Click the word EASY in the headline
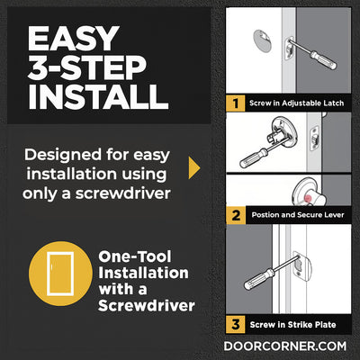click(x=73, y=38)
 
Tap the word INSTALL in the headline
click(x=98, y=96)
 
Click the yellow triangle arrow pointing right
click(x=194, y=168)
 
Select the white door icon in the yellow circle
click(x=60, y=274)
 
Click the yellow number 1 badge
click(x=236, y=103)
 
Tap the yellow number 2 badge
click(x=236, y=215)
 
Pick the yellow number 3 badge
click(x=236, y=324)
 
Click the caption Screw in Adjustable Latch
click(x=296, y=103)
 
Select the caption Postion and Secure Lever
click(x=298, y=215)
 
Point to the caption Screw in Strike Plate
click(x=292, y=325)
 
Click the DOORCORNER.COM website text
click(x=285, y=346)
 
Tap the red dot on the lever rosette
click(x=309, y=198)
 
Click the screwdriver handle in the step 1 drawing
click(x=323, y=59)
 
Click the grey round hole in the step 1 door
click(x=264, y=40)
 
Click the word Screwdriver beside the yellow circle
click(x=147, y=306)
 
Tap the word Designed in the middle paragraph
click(x=63, y=155)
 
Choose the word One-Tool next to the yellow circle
click(x=135, y=256)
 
